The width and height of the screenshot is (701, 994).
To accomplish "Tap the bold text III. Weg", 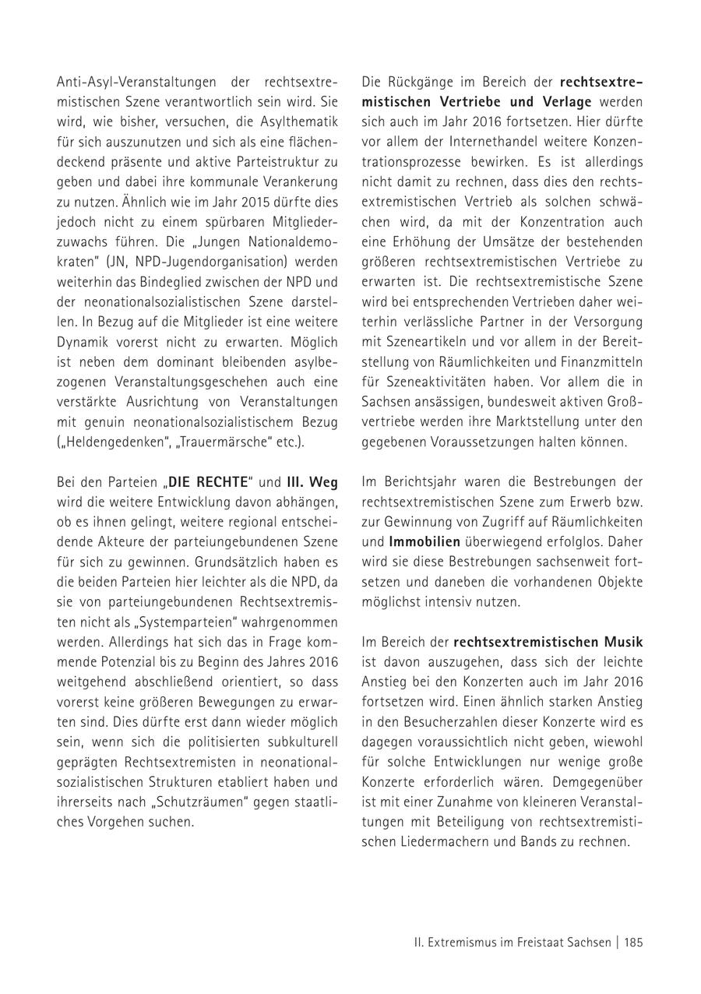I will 312,482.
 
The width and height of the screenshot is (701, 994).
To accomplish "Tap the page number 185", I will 633,942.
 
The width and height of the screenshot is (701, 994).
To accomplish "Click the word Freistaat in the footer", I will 536,942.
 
